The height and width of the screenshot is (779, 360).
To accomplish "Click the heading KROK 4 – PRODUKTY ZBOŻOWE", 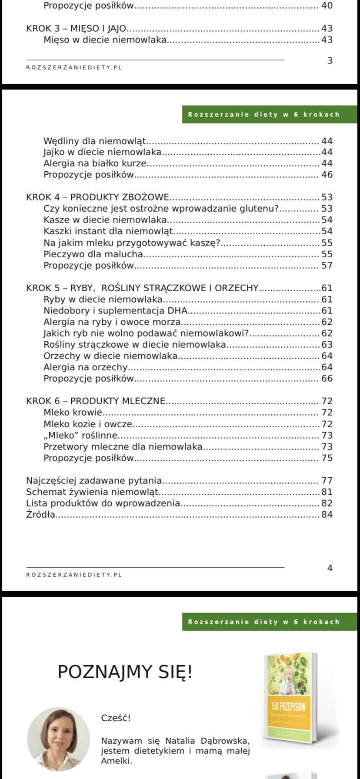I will point(98,197).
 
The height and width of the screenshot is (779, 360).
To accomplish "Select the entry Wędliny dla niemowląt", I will point(95,141).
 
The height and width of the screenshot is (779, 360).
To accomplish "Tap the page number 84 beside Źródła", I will point(327,515).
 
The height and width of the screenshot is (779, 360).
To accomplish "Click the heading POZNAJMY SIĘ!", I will point(125,672).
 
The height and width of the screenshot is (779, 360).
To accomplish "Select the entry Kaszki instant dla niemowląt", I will point(108,231).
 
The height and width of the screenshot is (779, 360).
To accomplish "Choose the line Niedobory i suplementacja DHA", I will point(115,311).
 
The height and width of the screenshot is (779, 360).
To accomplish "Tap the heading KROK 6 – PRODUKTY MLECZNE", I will point(96,401).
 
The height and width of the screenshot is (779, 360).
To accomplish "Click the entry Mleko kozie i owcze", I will point(88,424).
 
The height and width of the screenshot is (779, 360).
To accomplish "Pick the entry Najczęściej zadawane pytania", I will point(94,481).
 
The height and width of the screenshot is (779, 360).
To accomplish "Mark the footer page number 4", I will point(330,568).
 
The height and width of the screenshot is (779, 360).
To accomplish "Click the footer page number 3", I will point(330,61).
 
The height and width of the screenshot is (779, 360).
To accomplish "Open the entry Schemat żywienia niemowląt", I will point(93,492).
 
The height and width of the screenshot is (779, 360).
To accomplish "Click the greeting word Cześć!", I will point(116,718).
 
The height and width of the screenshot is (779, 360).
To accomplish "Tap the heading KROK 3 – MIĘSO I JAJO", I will point(76,29).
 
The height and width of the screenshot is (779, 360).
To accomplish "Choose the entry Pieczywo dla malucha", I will point(93,254).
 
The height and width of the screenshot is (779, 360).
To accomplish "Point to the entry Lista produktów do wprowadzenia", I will point(103,503).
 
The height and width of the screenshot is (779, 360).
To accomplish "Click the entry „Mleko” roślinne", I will point(80,436).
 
